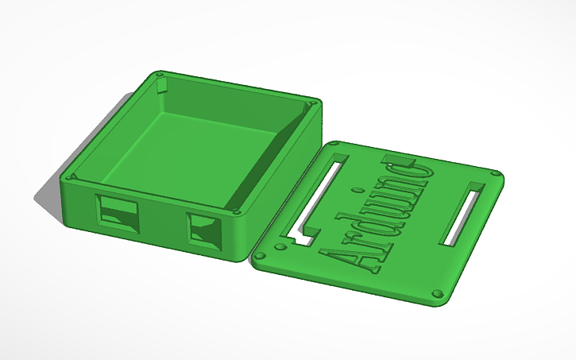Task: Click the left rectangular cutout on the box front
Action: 117,214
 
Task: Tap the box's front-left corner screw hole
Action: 72,176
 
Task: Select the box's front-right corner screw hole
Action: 236,213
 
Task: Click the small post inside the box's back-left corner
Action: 162,86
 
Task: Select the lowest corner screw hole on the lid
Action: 436,293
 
